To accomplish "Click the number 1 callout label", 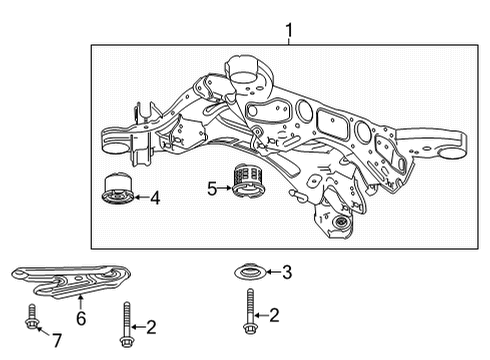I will [x=290, y=31].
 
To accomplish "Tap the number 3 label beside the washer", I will [x=287, y=272].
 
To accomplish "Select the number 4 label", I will [x=155, y=198].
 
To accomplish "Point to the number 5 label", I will [x=212, y=187].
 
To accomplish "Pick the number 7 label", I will [x=56, y=341].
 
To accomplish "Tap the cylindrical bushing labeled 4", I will [x=119, y=189].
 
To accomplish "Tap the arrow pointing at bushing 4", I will [x=140, y=198].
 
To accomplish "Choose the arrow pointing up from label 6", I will [x=81, y=302].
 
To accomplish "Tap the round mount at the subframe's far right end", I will [x=458, y=146].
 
